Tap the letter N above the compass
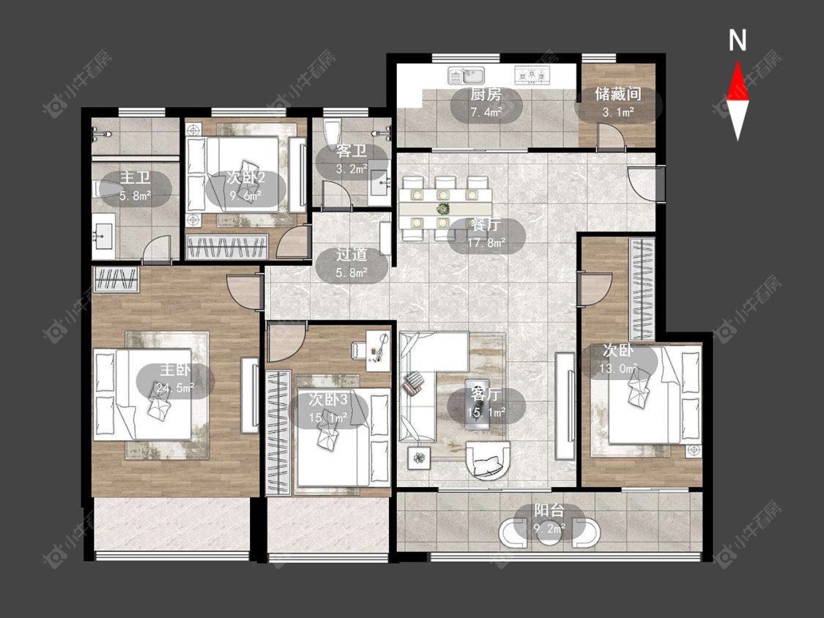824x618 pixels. (738, 40)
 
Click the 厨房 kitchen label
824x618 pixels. (486, 94)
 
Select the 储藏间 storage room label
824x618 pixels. (618, 94)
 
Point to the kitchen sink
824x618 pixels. (467, 75)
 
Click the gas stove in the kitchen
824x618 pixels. (532, 75)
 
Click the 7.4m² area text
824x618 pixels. (486, 112)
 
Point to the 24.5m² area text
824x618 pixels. (175, 388)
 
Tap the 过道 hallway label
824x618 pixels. (352, 255)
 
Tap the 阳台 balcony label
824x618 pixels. (549, 510)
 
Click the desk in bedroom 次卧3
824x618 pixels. (371, 347)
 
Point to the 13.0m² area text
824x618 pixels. (619, 368)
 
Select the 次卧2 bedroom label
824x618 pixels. (246, 178)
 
